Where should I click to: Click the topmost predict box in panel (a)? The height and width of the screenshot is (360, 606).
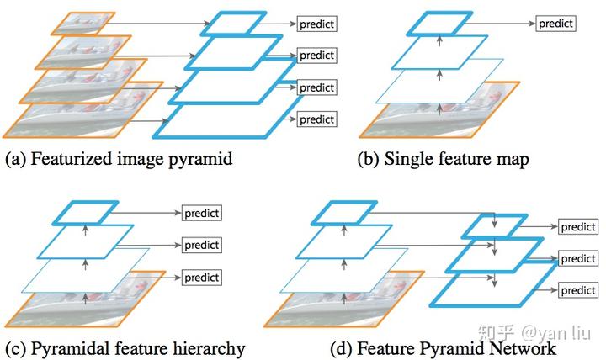tap(317, 24)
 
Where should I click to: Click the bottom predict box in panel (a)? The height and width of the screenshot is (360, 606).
tap(317, 120)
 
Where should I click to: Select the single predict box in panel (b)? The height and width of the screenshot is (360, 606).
tap(555, 24)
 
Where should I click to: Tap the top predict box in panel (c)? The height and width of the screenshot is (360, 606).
tap(200, 213)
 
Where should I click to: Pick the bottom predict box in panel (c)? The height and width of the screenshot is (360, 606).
tap(200, 277)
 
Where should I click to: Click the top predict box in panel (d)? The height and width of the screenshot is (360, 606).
tap(578, 227)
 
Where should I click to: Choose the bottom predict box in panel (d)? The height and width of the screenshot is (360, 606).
tap(578, 290)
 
